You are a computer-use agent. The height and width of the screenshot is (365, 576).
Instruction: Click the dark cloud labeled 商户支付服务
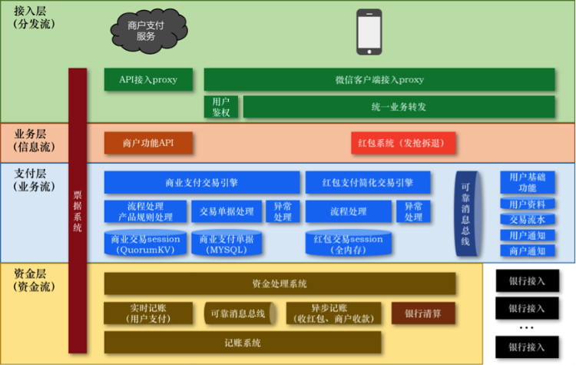pos(146,31)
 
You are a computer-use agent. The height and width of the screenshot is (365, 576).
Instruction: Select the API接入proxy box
pos(148,79)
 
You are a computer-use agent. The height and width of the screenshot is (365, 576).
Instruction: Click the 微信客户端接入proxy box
pos(379,79)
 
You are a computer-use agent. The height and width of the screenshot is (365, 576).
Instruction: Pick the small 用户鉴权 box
pos(221,107)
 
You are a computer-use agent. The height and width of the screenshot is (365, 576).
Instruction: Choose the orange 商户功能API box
pos(148,143)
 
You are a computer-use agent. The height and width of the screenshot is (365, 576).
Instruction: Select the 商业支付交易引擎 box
pos(201,183)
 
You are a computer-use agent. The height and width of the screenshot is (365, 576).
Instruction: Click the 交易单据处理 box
pos(226,211)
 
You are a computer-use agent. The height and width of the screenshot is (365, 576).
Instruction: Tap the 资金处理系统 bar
pos(280,284)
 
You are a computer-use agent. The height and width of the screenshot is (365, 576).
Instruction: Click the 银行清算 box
pos(422,313)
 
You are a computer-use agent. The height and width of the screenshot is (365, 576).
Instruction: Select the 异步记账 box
pos(332,313)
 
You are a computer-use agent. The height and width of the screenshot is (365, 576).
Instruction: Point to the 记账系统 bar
pos(243,343)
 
